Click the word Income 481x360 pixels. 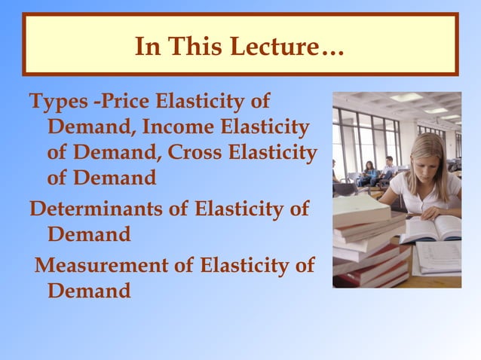point(179,127)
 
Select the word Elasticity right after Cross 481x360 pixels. point(273,152)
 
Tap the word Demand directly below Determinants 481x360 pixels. point(89,234)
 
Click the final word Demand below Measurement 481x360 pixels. point(89,291)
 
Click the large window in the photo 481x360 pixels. point(362,139)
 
